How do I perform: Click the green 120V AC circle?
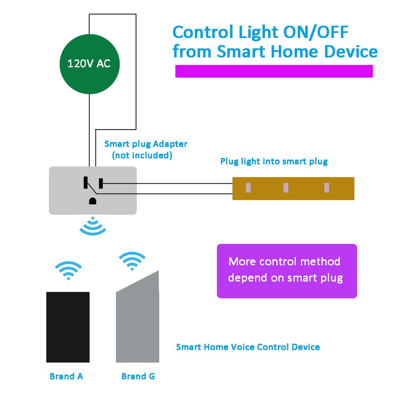click(x=89, y=64)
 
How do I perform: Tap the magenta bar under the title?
click(x=274, y=71)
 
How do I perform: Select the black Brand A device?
click(x=68, y=327)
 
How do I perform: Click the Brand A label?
click(x=66, y=376)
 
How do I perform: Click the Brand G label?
click(x=138, y=376)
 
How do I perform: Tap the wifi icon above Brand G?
click(x=132, y=261)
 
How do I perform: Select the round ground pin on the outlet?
click(x=93, y=201)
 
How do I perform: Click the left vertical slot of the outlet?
click(x=85, y=183)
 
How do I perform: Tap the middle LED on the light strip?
click(x=286, y=188)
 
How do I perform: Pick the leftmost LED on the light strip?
click(x=248, y=188)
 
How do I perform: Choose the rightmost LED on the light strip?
click(x=326, y=188)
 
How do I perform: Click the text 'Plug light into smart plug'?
click(x=274, y=162)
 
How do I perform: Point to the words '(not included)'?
click(x=142, y=156)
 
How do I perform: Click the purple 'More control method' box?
click(x=287, y=271)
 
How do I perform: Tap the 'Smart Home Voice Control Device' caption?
click(x=248, y=347)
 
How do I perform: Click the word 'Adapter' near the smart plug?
click(x=171, y=144)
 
